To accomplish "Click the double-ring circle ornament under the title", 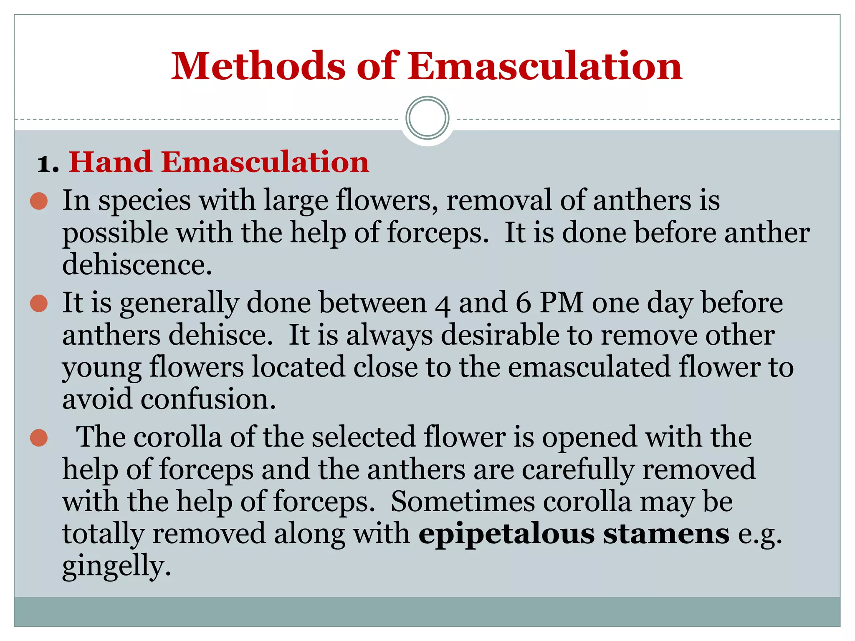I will tap(427, 118).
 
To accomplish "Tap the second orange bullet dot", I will tap(39, 303).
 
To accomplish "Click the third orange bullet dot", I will tap(39, 438).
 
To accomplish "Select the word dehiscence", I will tap(137, 265).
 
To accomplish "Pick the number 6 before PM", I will tap(523, 303).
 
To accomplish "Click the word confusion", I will tap(208, 399).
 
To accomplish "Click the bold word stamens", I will tap(666, 534).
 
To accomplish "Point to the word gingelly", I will tap(116, 567).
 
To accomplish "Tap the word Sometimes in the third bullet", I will tap(463, 502).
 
